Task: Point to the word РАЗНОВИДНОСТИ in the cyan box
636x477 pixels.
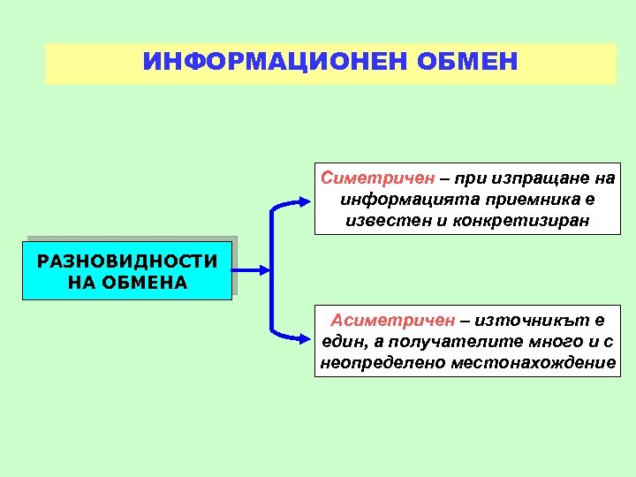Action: pyautogui.click(x=127, y=261)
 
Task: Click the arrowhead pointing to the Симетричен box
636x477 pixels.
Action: pyautogui.click(x=304, y=203)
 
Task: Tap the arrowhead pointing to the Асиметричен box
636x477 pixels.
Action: pyautogui.click(x=304, y=336)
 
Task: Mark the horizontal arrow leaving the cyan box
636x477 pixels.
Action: pyautogui.click(x=249, y=269)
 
